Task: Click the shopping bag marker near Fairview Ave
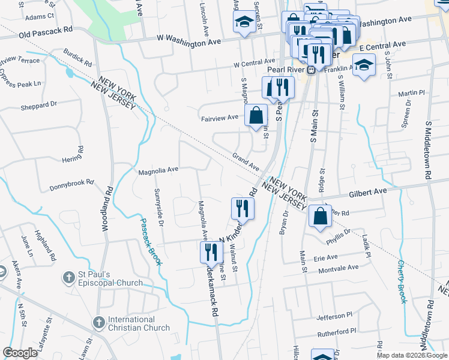[x=256, y=115]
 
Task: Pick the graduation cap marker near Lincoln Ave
[x=243, y=23]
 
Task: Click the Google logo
[x=20, y=353]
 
